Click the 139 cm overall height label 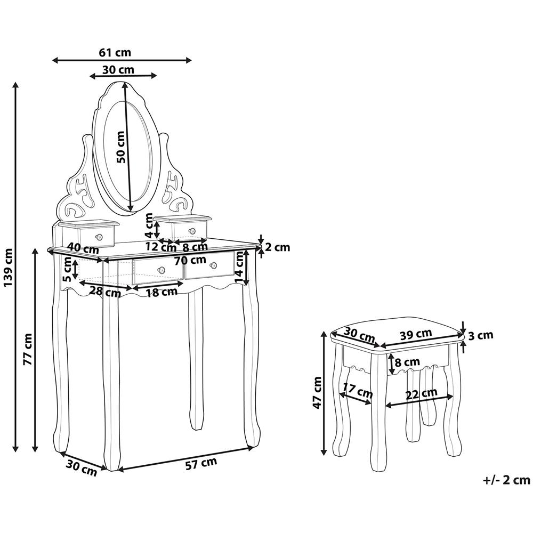[x=8, y=267]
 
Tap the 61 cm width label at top [x=115, y=52]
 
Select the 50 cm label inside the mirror [x=120, y=147]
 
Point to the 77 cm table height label [x=28, y=349]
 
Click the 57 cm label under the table [x=201, y=464]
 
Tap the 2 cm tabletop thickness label [x=278, y=247]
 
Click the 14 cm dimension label [x=240, y=268]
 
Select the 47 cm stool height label [x=318, y=393]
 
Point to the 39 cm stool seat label [x=416, y=334]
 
